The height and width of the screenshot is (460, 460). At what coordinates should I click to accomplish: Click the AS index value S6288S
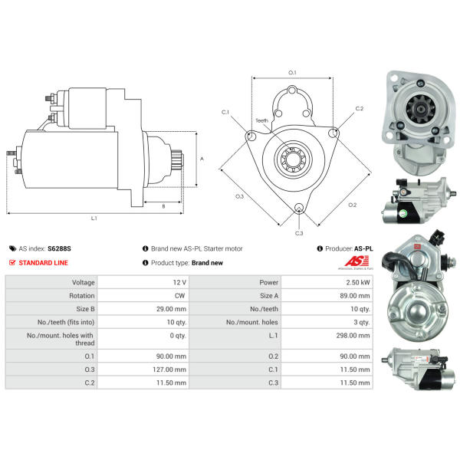click(58, 249)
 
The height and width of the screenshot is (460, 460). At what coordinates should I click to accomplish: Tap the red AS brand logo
click(353, 263)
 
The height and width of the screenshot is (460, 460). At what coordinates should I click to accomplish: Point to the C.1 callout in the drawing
click(225, 113)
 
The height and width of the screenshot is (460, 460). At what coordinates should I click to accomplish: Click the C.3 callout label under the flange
click(299, 233)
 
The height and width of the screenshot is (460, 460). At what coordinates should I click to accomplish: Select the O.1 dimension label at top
click(292, 72)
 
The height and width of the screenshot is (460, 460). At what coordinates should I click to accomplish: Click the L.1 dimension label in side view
click(94, 219)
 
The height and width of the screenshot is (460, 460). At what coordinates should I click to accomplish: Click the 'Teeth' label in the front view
click(262, 120)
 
